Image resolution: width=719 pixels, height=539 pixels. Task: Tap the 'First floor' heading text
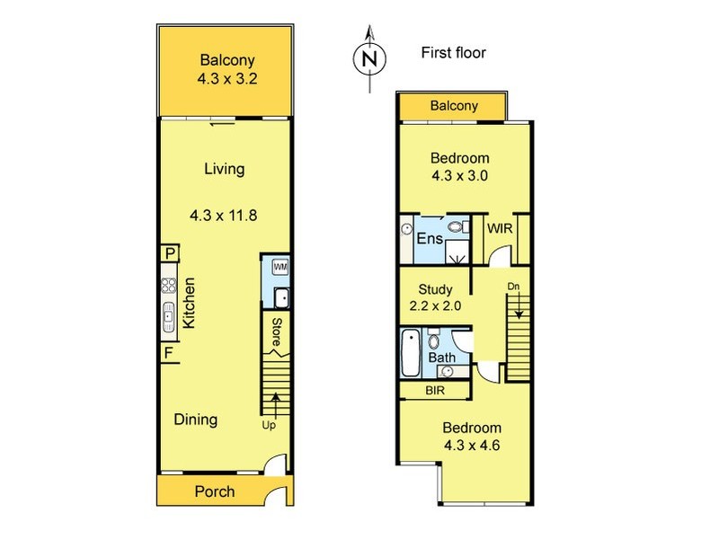(x=453, y=53)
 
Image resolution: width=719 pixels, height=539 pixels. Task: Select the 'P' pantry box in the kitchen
(x=169, y=255)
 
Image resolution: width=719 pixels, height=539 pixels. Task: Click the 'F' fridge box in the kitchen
(x=169, y=352)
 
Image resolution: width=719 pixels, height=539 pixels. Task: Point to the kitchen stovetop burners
(x=168, y=287)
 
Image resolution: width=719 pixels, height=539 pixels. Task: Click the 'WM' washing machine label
(x=279, y=267)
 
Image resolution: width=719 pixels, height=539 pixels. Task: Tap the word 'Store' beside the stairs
(x=278, y=333)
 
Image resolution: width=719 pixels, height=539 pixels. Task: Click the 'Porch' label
(x=215, y=491)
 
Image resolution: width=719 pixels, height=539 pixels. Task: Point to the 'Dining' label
(x=195, y=420)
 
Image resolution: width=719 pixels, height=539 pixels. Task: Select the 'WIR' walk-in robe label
(x=501, y=229)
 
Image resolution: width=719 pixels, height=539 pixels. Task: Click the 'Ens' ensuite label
(x=428, y=239)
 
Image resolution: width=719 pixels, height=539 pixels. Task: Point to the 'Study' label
(x=436, y=290)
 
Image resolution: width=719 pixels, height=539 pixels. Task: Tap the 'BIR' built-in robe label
(x=434, y=392)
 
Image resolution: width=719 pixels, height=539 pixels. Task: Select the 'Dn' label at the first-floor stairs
(x=513, y=287)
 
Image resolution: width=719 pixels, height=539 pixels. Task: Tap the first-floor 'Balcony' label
(x=454, y=106)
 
